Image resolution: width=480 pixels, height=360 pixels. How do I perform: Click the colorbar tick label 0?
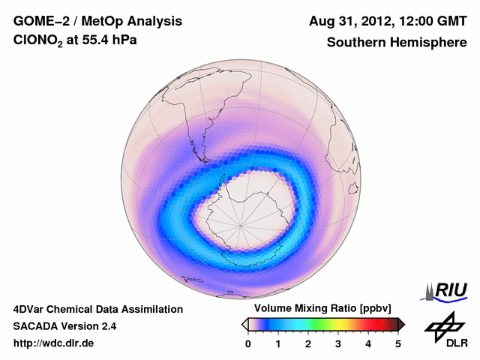click(248, 344)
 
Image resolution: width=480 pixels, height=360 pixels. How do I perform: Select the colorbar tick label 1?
click(278, 344)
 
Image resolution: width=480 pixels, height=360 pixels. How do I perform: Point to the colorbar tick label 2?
click(308, 344)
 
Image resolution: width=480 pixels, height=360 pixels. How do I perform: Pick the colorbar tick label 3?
click(338, 344)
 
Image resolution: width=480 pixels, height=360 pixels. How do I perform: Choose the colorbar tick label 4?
click(368, 344)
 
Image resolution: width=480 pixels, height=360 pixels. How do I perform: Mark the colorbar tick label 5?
click(398, 344)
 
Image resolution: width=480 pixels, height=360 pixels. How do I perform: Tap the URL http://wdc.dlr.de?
click(54, 343)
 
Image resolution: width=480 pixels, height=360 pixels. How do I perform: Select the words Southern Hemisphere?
click(397, 43)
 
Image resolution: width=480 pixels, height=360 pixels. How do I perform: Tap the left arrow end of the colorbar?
click(244, 324)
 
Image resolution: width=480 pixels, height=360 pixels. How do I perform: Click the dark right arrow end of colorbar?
click(401, 324)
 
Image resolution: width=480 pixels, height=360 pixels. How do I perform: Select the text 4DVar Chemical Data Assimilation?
click(98, 309)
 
